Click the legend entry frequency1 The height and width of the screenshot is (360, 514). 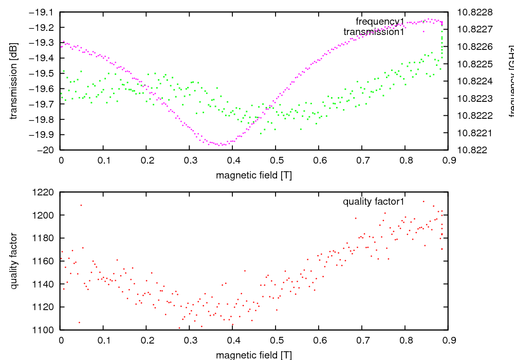click(380, 22)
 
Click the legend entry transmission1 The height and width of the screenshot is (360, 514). click(374, 32)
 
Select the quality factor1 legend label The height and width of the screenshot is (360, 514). click(374, 202)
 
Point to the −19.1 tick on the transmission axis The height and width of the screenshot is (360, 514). click(45, 12)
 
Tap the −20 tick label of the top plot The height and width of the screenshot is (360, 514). click(49, 150)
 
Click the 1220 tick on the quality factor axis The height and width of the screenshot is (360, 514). click(45, 192)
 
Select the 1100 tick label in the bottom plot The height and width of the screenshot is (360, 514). click(45, 330)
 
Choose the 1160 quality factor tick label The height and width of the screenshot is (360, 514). click(45, 261)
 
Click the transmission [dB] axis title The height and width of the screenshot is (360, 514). click(14, 81)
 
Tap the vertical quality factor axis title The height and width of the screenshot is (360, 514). click(14, 261)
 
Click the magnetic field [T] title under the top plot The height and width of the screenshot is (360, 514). click(254, 175)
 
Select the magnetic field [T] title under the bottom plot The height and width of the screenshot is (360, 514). click(254, 355)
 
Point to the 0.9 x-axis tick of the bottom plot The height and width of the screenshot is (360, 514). click(448, 340)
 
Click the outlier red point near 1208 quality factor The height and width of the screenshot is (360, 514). click(81, 205)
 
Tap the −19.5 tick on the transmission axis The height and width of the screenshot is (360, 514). click(45, 73)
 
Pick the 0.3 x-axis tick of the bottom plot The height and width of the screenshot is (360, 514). click(190, 340)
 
